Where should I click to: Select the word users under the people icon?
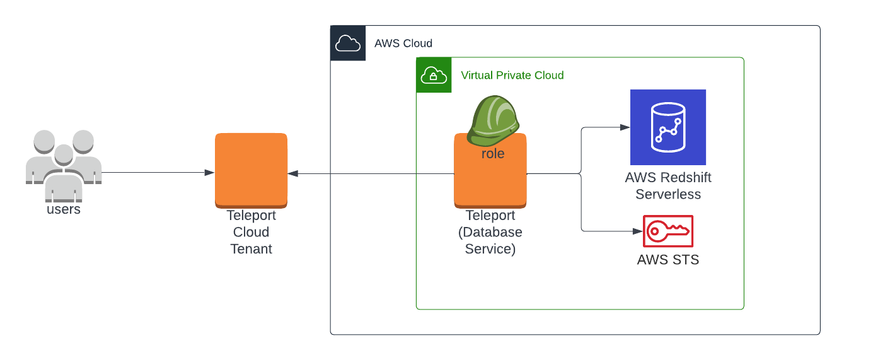pyautogui.click(x=64, y=209)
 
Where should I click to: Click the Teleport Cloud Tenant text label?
pyautogui.click(x=251, y=232)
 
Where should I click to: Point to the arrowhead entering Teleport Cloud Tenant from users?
pyautogui.click(x=209, y=173)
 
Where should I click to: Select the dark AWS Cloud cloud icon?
pyautogui.click(x=348, y=43)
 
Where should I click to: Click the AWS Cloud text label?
pyautogui.click(x=403, y=44)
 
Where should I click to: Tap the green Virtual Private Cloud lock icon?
pyautogui.click(x=434, y=75)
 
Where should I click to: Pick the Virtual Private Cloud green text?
pyautogui.click(x=512, y=76)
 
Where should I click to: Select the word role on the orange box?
pyautogui.click(x=493, y=154)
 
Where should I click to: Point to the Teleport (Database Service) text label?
pyautogui.click(x=490, y=232)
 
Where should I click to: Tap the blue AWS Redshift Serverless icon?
pyautogui.click(x=668, y=127)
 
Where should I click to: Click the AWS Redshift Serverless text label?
pyautogui.click(x=668, y=186)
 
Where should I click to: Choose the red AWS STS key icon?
pyautogui.click(x=668, y=231)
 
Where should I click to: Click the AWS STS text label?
pyautogui.click(x=668, y=260)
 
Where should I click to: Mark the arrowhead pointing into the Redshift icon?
pyautogui.click(x=625, y=127)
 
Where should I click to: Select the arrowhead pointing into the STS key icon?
pyautogui.click(x=637, y=231)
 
